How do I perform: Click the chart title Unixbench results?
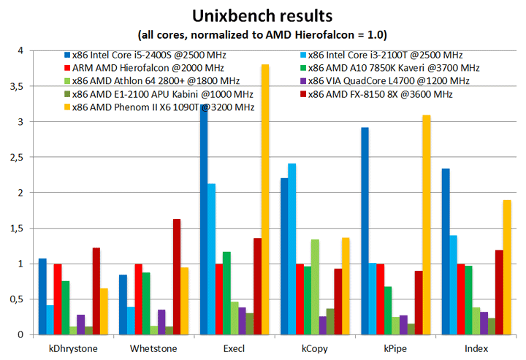coord(264,15)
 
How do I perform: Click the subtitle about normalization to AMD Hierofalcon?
coord(264,34)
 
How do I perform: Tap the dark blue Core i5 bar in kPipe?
coord(365,231)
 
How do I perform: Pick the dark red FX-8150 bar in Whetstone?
coord(177,277)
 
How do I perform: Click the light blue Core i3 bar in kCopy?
coord(292,249)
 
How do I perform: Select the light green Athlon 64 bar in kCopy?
coord(315,287)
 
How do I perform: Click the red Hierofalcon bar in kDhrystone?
coord(58,299)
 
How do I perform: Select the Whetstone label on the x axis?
coord(153,348)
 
